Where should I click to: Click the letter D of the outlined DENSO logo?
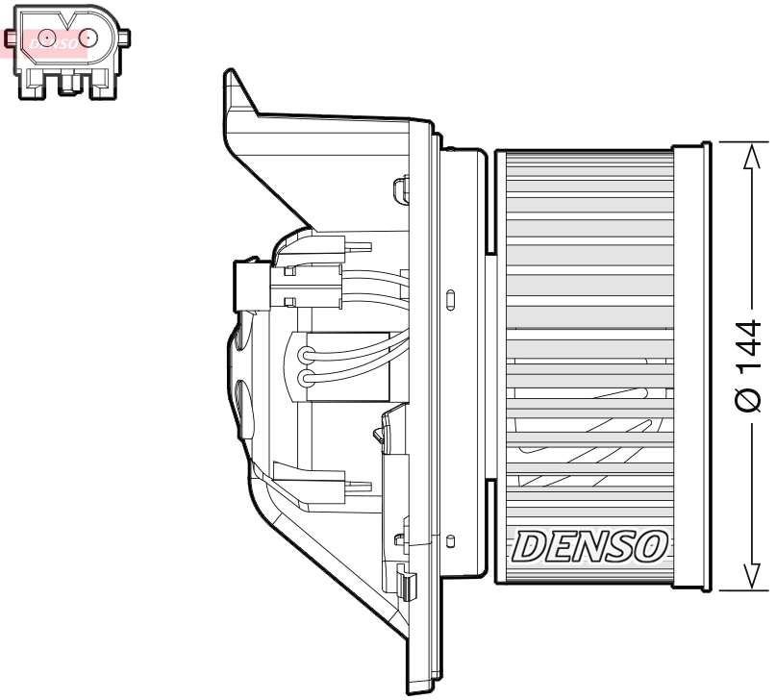pos(532,546)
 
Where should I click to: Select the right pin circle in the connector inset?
pos(88,37)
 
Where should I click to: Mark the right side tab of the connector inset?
pos(125,37)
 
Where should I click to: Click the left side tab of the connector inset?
pos(11,38)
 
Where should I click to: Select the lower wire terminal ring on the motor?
pos(307,378)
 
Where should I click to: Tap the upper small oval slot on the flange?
pos(450,297)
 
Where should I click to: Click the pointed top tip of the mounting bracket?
pos(228,73)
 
